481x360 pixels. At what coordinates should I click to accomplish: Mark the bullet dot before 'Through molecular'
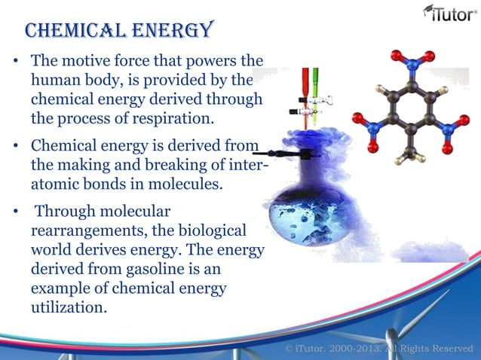(x=15, y=212)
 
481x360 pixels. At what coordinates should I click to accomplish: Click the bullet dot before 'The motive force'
(x=15, y=61)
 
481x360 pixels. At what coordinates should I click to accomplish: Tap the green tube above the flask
(x=315, y=83)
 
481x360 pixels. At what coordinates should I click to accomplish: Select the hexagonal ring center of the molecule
(x=412, y=113)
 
